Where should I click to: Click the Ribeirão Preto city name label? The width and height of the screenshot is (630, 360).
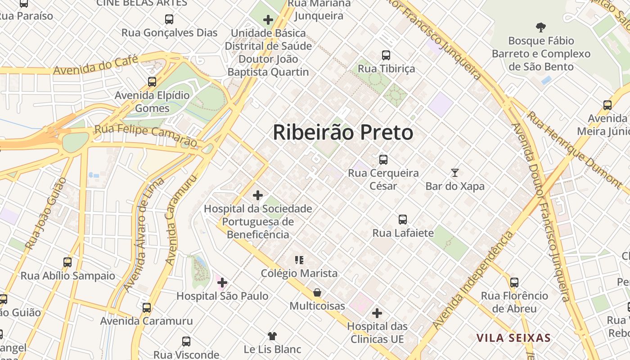point(343,132)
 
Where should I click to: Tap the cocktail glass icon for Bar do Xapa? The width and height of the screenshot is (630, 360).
point(455,172)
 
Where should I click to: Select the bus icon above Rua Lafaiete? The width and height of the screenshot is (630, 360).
point(403,220)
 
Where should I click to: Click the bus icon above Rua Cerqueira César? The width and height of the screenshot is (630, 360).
point(383,159)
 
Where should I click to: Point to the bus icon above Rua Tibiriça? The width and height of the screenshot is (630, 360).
point(386,55)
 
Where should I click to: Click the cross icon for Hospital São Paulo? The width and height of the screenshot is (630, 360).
point(222,283)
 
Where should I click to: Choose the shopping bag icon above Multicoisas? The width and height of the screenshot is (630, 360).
point(317,292)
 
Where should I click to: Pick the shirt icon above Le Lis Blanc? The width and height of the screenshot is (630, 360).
point(272,336)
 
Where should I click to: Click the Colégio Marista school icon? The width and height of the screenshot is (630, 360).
point(299,260)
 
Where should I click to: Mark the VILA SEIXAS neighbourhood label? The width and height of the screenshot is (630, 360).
point(513,338)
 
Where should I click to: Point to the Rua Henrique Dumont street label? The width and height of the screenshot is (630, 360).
point(574,148)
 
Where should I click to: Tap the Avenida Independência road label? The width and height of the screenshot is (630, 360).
point(472,281)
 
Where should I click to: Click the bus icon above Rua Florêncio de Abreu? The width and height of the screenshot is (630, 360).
point(514,283)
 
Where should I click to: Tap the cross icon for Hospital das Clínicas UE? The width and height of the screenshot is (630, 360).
point(377,313)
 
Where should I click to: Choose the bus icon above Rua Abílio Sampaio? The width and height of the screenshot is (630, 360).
point(67,262)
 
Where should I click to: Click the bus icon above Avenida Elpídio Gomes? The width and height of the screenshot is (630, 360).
point(152,82)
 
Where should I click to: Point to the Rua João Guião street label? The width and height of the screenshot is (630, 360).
point(45,214)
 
